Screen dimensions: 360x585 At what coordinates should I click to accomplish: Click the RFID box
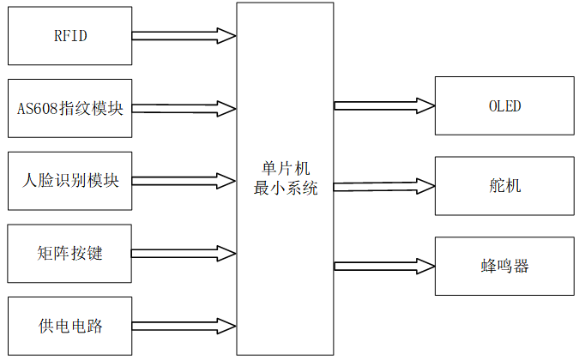(x=70, y=36)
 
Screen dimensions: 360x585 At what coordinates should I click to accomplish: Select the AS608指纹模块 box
(x=70, y=109)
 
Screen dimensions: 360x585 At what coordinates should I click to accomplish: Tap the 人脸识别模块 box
(x=70, y=181)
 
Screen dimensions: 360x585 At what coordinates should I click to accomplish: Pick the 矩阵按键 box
(x=70, y=253)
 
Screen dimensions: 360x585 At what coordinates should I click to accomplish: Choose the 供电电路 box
(x=70, y=326)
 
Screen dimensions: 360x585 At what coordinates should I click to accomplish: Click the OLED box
(x=504, y=106)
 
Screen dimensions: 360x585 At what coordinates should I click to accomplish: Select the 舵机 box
(x=504, y=186)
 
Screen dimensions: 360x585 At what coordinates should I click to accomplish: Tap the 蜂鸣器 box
(x=504, y=265)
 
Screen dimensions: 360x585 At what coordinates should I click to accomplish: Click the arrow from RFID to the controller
(x=184, y=36)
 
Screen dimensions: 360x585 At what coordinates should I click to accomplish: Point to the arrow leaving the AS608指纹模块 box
(x=184, y=109)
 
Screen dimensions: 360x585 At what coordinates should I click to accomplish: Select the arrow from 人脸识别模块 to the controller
(x=184, y=181)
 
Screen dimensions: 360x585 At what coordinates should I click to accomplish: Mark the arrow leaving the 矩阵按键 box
(x=184, y=253)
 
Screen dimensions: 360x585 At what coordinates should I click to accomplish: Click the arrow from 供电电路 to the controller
(x=184, y=326)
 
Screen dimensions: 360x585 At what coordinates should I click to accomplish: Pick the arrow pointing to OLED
(x=384, y=105)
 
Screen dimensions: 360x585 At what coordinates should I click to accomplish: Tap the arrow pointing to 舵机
(x=384, y=185)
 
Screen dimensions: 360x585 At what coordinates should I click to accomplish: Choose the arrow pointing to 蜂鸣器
(x=384, y=265)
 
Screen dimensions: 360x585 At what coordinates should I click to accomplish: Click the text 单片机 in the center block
(x=285, y=170)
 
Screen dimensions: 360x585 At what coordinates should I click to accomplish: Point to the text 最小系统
(x=285, y=189)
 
